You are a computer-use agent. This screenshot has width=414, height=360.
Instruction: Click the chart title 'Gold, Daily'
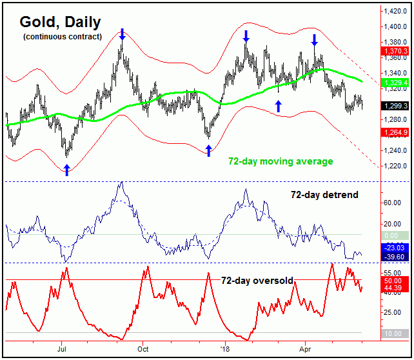(x=59, y=23)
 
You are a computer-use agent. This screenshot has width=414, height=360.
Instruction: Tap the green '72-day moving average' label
(x=281, y=161)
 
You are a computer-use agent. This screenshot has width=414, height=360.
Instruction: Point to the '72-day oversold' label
(x=257, y=281)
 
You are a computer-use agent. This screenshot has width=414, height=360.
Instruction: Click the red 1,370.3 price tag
(x=395, y=50)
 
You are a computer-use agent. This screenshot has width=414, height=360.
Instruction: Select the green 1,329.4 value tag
(x=395, y=83)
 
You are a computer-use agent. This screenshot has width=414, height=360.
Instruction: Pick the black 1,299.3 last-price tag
(x=395, y=106)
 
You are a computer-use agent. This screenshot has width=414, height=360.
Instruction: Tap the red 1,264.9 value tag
(x=395, y=133)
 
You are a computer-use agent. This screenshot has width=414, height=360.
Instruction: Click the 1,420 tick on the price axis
(x=395, y=11)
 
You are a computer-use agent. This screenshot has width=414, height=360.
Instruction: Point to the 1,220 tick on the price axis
(x=395, y=166)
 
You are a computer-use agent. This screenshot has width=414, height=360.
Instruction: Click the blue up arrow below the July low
(x=66, y=169)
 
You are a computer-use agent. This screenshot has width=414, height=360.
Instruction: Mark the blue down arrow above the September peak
(x=123, y=34)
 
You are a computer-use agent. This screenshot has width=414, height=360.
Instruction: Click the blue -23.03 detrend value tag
(x=395, y=246)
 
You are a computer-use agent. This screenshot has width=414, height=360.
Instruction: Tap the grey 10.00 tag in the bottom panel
(x=395, y=333)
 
